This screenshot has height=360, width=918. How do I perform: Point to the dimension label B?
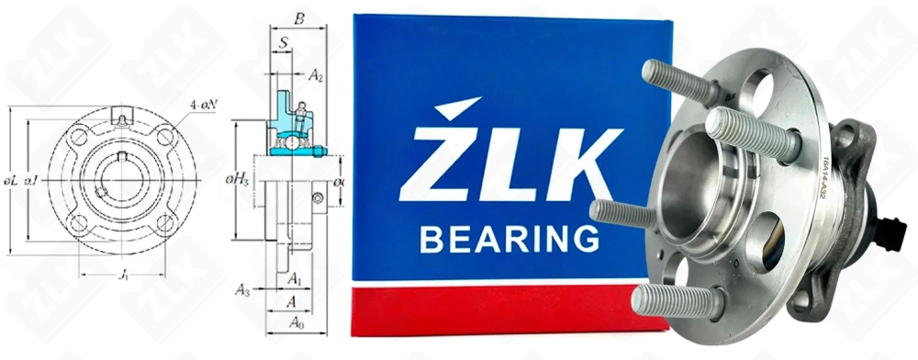(298, 17)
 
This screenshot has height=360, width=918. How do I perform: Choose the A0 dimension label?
(296, 322)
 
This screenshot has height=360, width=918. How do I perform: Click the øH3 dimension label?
(239, 181)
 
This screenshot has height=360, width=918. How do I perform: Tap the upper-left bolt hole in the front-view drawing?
(78, 137)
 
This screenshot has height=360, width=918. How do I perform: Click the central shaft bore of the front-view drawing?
(121, 179)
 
